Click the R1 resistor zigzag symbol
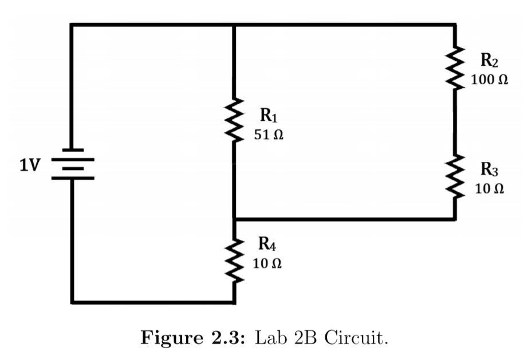coord(234,121)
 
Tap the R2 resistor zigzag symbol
coord(455,68)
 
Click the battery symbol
coord(73,164)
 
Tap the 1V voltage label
coord(30,165)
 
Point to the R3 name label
coord(490,169)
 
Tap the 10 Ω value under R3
coord(490,189)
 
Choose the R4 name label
coord(267,244)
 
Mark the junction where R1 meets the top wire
coord(234,25)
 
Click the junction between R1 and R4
coord(234,219)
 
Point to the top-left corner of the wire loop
coord(72,25)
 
